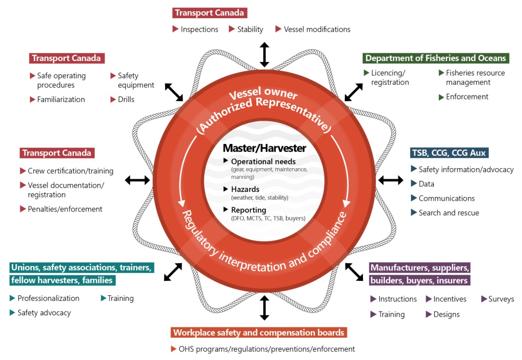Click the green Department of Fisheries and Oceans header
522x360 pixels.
(435, 58)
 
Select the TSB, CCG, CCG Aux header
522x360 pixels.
(449, 153)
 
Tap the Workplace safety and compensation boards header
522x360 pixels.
(258, 332)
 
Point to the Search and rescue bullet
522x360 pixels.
(449, 213)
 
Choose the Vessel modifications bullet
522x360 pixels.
(317, 29)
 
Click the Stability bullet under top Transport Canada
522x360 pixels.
(250, 29)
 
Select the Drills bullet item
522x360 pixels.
(126, 99)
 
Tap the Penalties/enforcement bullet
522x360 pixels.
(65, 209)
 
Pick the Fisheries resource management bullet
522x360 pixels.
(475, 77)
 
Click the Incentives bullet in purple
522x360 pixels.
(449, 299)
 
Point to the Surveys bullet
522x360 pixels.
(501, 299)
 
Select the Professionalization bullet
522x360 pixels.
(48, 298)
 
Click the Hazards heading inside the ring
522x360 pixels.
(245, 189)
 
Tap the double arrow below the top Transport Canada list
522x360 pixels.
(264, 54)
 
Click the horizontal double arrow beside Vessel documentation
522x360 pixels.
(137, 180)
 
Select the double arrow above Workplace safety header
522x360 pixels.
(264, 308)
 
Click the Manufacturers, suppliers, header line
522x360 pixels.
(419, 268)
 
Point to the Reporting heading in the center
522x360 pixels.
(248, 210)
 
